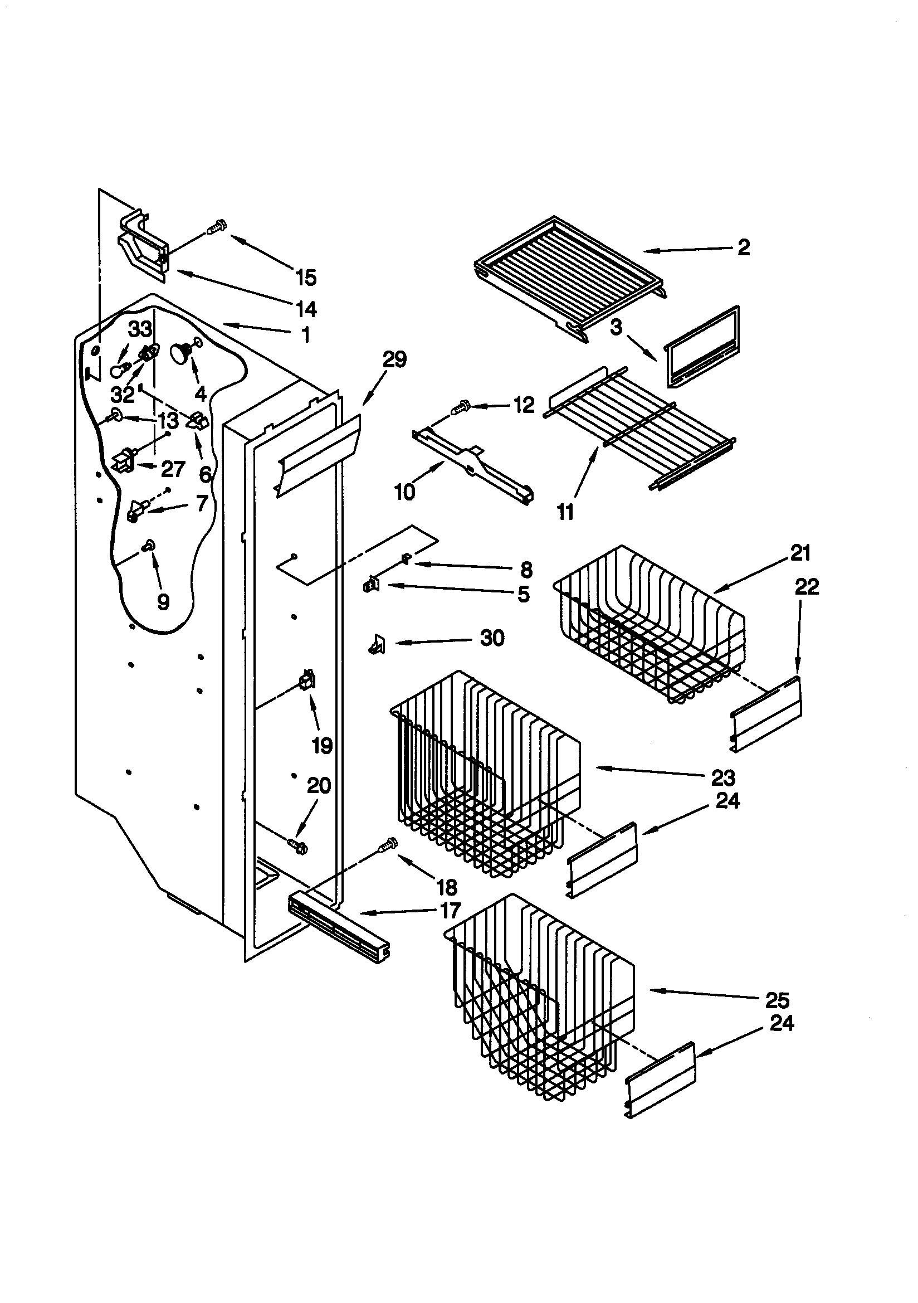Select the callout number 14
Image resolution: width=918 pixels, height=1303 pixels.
tap(306, 309)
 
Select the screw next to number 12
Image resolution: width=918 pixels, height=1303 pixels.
tap(461, 406)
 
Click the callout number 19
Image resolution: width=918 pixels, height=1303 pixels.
tap(323, 746)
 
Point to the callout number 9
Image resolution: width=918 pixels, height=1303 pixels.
tap(163, 601)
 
